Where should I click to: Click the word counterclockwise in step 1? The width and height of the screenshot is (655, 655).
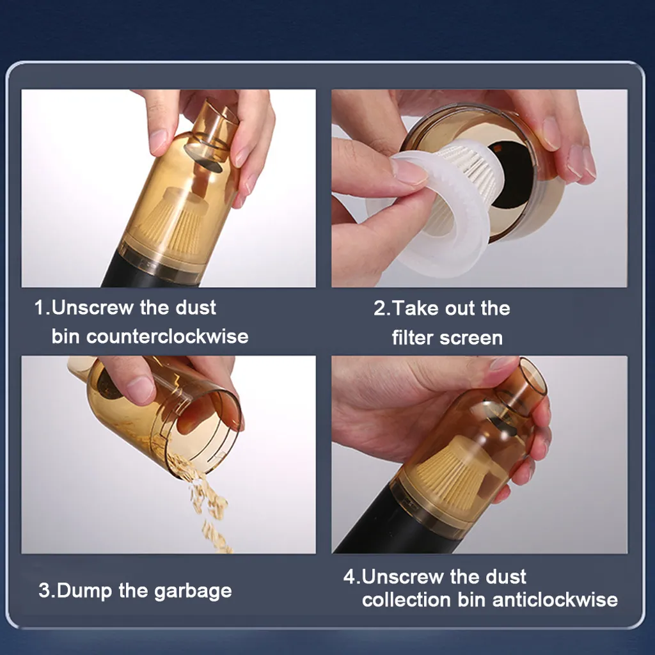pyautogui.click(x=167, y=336)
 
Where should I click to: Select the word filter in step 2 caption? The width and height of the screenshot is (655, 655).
pyautogui.click(x=412, y=338)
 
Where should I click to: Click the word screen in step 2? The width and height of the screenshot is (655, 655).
pyautogui.click(x=471, y=338)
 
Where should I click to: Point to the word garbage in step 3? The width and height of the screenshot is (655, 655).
pyautogui.click(x=193, y=592)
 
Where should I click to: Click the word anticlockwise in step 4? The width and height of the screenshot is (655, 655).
pyautogui.click(x=555, y=600)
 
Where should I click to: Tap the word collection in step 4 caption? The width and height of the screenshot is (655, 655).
pyautogui.click(x=406, y=600)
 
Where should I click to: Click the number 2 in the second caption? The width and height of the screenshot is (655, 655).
pyautogui.click(x=380, y=308)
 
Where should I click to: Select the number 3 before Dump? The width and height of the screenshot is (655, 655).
pyautogui.click(x=44, y=590)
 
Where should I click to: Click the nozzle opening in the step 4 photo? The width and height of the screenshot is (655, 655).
pyautogui.click(x=533, y=377)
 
